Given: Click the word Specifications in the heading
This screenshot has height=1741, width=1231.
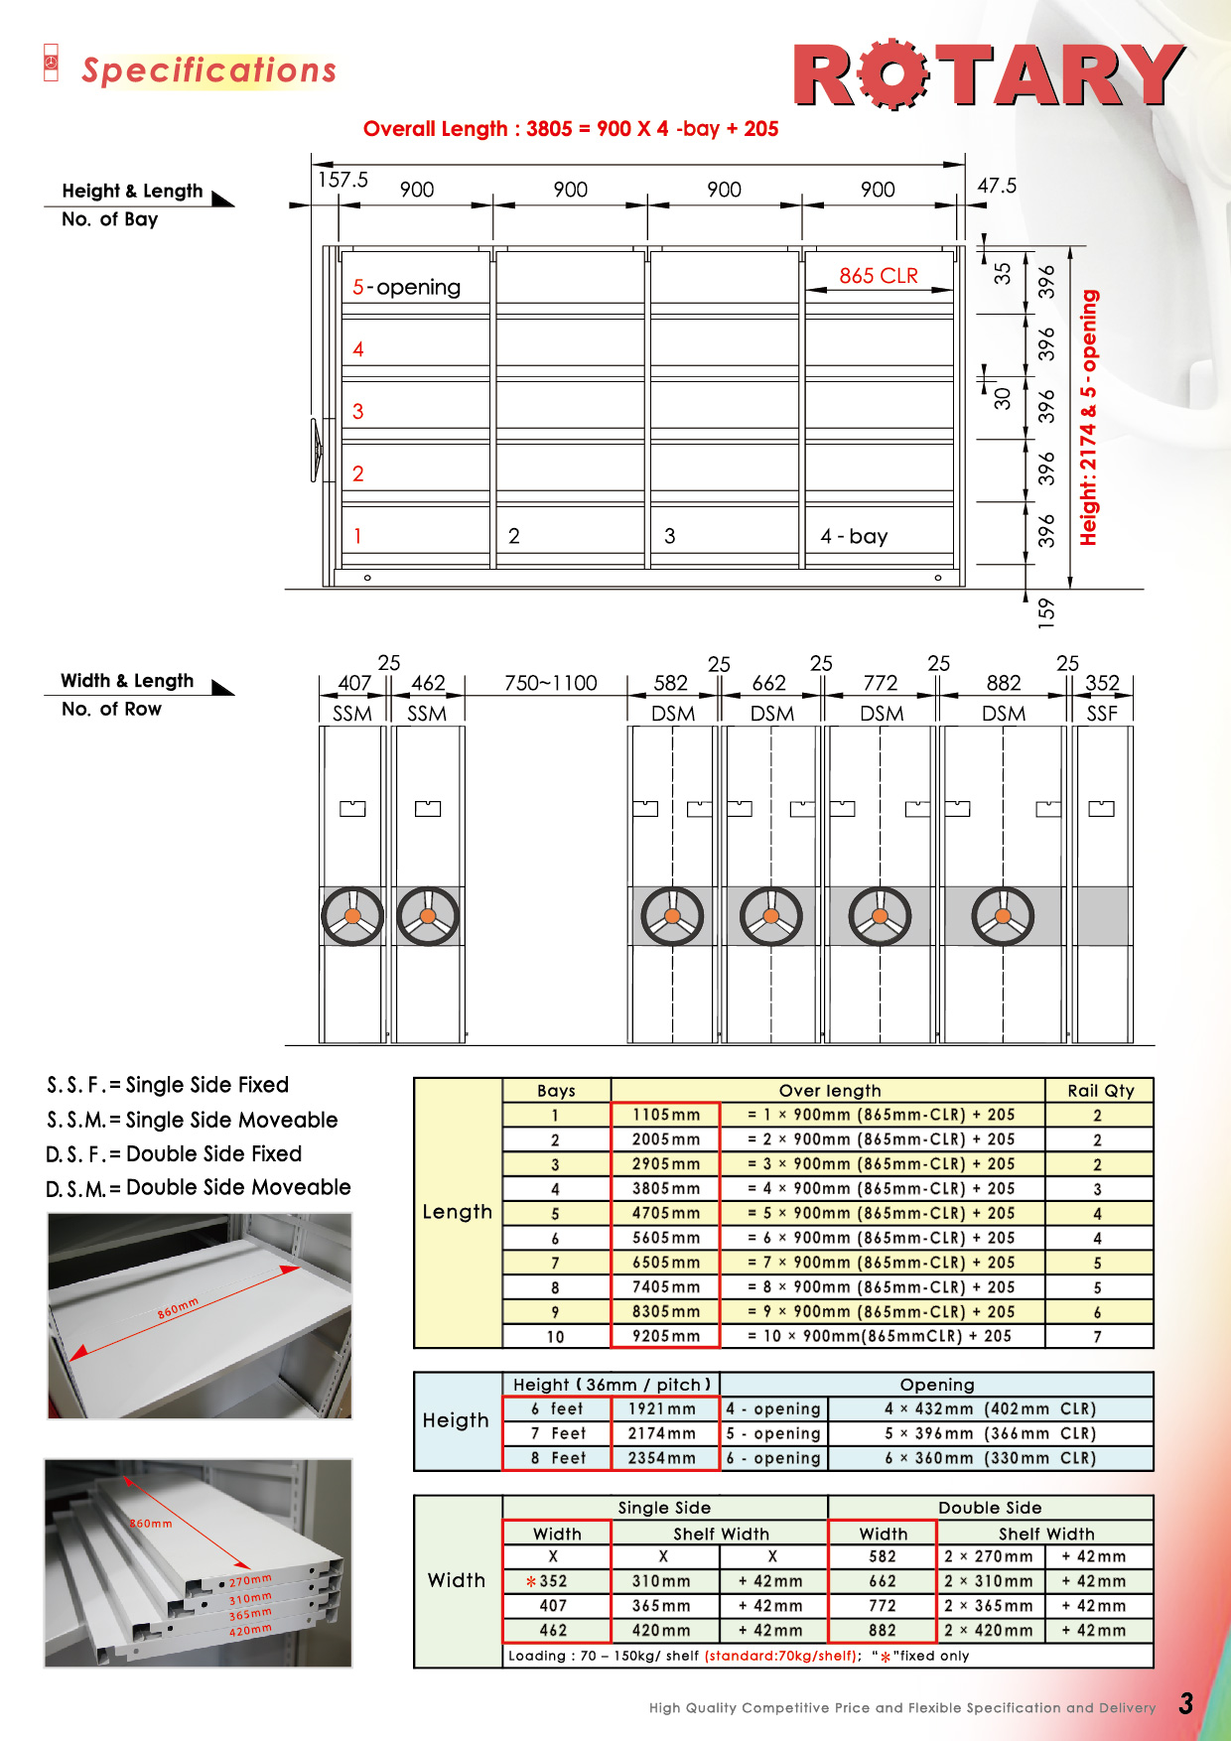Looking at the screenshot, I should click(x=208, y=70).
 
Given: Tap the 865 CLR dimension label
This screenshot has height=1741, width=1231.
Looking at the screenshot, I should click(x=879, y=276).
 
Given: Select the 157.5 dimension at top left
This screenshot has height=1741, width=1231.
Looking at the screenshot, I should click(x=342, y=180).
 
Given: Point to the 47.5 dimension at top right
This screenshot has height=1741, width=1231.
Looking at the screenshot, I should click(x=997, y=186).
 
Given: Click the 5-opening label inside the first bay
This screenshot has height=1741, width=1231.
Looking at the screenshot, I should click(x=407, y=287).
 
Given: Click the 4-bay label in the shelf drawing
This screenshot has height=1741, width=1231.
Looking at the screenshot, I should click(x=854, y=536).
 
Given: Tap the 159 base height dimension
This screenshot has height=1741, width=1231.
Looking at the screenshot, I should click(x=1046, y=610).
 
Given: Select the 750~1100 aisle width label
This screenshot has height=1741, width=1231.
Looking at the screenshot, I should click(x=550, y=683).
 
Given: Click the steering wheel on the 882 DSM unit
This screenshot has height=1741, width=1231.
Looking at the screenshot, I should click(x=1003, y=915).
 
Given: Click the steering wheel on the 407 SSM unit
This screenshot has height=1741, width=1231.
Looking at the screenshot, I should click(x=352, y=915).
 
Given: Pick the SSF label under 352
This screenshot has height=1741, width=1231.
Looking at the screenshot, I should click(x=1102, y=714).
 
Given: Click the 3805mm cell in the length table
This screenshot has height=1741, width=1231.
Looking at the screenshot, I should click(x=665, y=1188).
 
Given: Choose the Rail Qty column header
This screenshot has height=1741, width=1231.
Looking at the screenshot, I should click(x=1100, y=1090).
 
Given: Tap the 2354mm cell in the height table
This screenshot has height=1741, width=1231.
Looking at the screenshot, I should click(x=661, y=1458).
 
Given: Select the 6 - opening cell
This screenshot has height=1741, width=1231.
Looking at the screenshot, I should click(x=773, y=1458).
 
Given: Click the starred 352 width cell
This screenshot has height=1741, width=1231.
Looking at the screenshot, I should click(x=552, y=1581).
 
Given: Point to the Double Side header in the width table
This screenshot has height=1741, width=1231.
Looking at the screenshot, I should click(x=990, y=1508).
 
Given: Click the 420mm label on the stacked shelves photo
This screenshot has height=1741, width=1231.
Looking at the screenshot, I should click(x=250, y=1630).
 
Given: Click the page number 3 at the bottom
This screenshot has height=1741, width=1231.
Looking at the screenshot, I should click(x=1185, y=1704).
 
